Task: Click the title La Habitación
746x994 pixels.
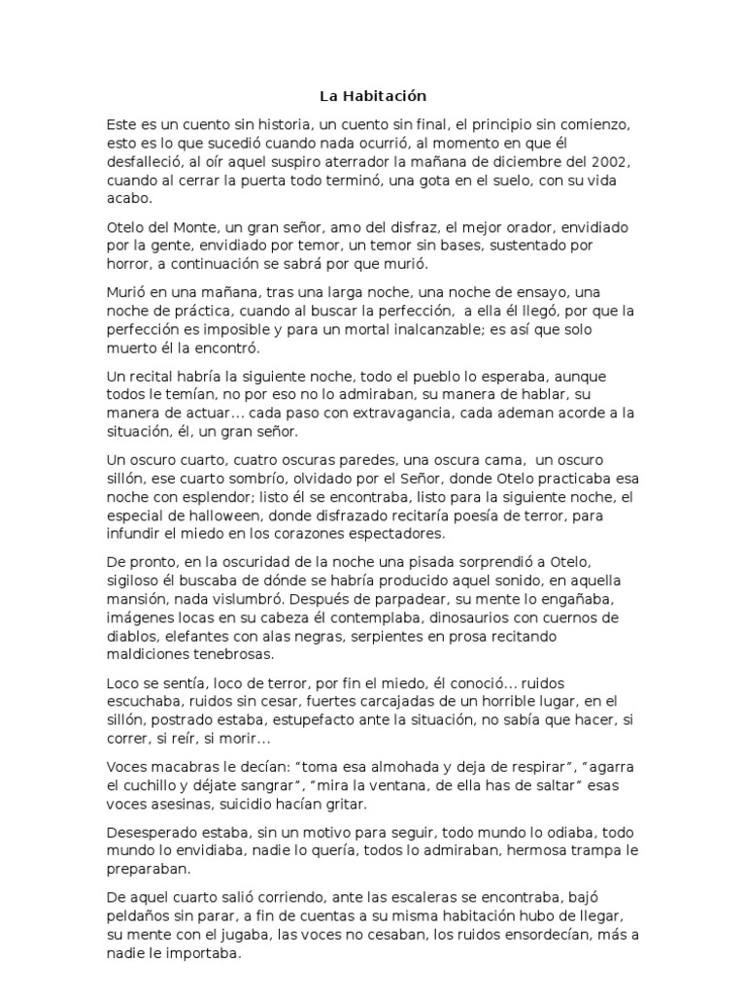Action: [x=373, y=96]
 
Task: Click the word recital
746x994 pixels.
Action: [x=153, y=376]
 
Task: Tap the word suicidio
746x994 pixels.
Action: [x=257, y=804]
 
